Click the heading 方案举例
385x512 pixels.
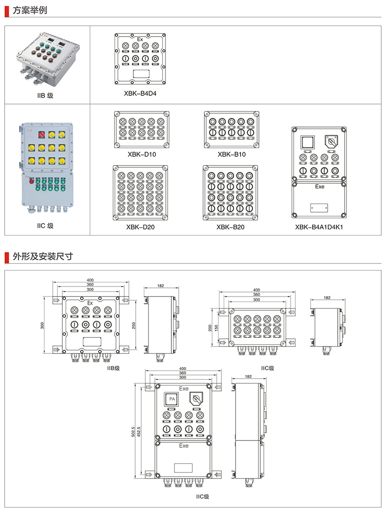tap(30, 10)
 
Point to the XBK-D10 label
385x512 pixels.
tap(142, 154)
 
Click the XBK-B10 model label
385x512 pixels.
tap(231, 154)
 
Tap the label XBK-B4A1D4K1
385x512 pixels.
tap(319, 226)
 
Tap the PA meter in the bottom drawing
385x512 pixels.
tap(172, 399)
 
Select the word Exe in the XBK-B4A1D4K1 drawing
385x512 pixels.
tap(319, 187)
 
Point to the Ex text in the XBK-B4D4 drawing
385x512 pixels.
tap(141, 39)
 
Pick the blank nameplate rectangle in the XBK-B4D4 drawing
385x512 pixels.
tap(140, 73)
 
